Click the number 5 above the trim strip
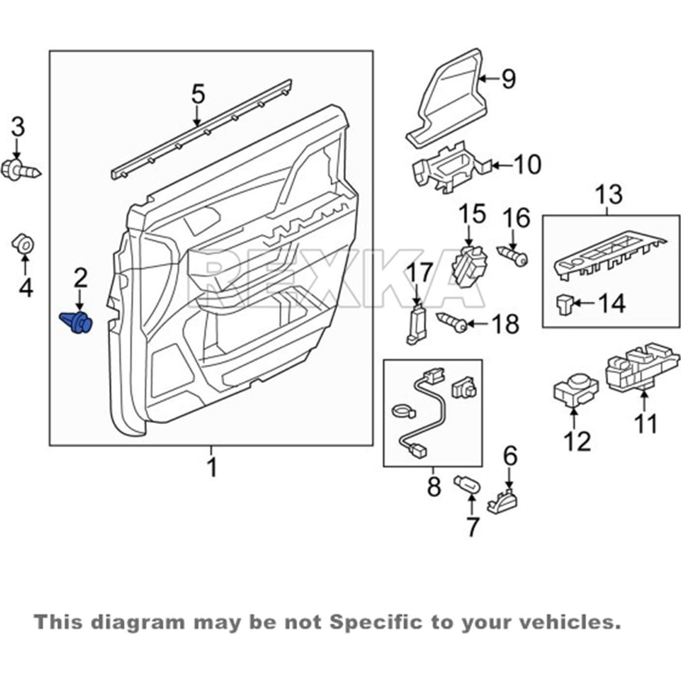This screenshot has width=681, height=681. pyautogui.click(x=198, y=94)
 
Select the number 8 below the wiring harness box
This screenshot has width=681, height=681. pyautogui.click(x=433, y=486)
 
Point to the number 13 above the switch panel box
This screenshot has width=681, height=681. pyautogui.click(x=609, y=194)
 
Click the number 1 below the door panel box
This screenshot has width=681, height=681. pyautogui.click(x=211, y=467)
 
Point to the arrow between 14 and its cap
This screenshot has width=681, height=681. pyautogui.click(x=585, y=305)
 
